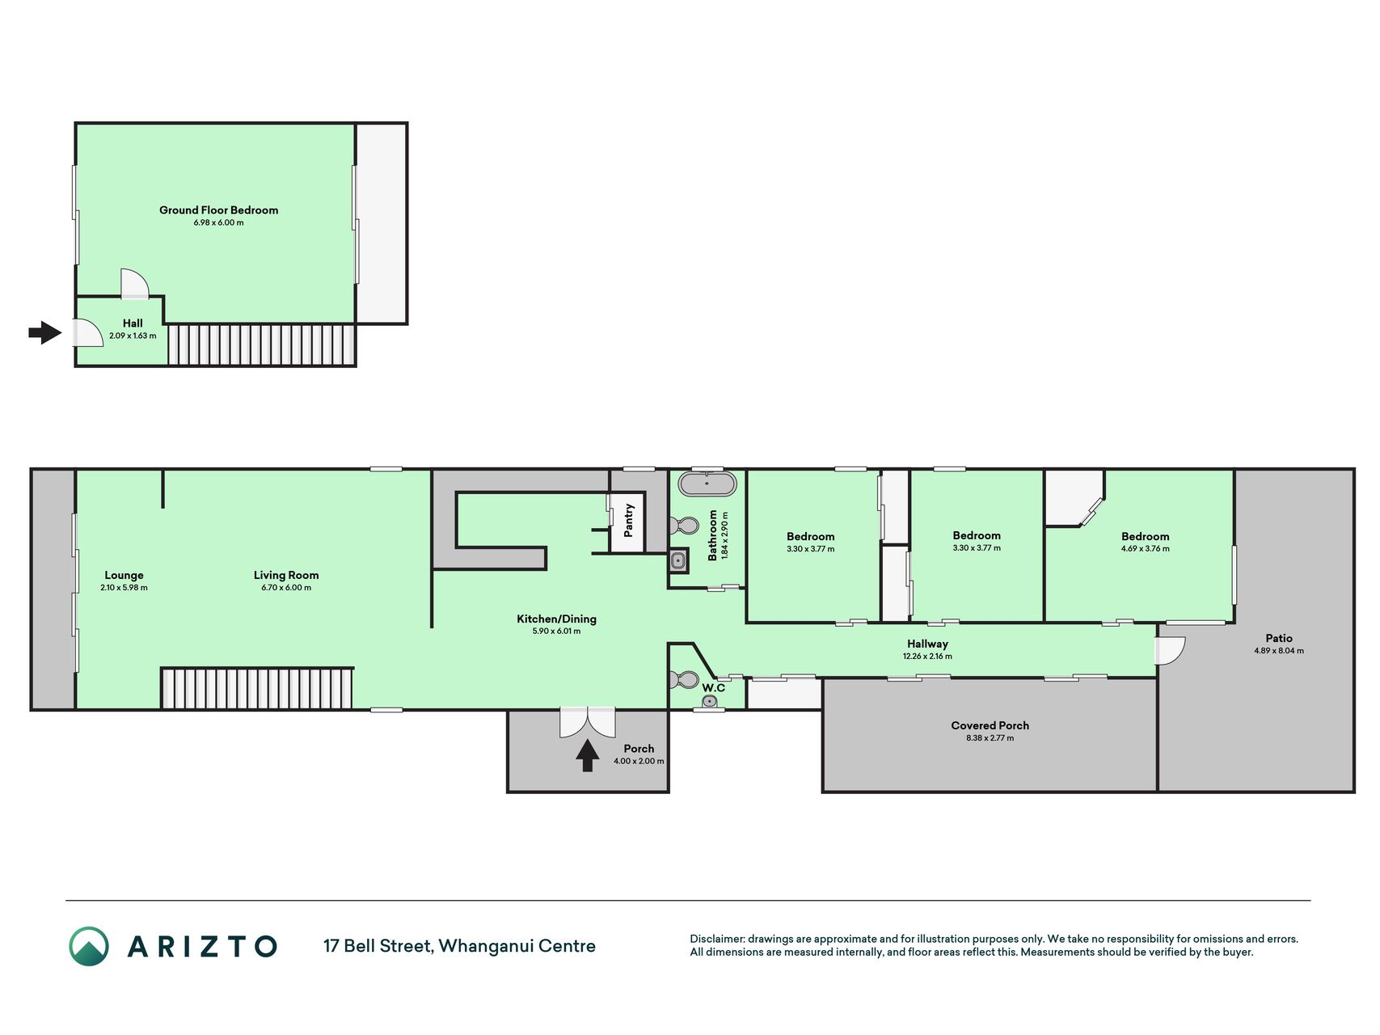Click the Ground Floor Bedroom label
(218, 210)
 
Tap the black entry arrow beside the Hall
(45, 332)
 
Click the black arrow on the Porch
(588, 756)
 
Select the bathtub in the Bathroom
(707, 484)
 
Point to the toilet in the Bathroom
(684, 526)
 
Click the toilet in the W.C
(684, 679)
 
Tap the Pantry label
(628, 520)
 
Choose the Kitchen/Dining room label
(556, 619)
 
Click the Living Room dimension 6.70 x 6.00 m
(286, 588)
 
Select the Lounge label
(124, 576)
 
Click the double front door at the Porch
(588, 722)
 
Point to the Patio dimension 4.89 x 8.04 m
(1279, 651)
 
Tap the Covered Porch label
(990, 725)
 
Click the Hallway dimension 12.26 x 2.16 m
(927, 657)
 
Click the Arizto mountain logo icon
(89, 946)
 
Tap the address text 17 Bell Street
(378, 946)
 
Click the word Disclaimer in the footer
(716, 939)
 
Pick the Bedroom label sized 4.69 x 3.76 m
(1145, 536)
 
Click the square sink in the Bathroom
(678, 560)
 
